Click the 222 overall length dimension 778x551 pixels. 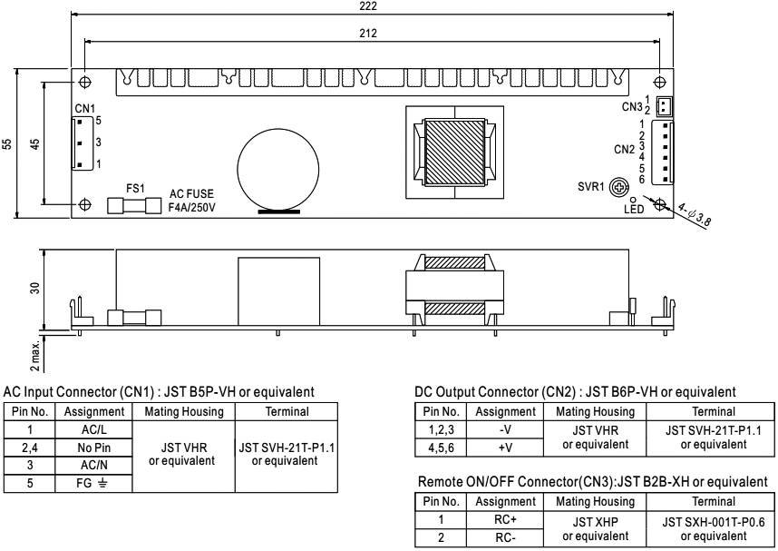coord(368,6)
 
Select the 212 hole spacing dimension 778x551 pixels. coord(368,34)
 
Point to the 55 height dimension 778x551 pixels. coord(6,143)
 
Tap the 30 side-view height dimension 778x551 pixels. coord(34,288)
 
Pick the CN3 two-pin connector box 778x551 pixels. coord(665,106)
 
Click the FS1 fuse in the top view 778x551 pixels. coord(134,206)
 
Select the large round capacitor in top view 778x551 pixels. coord(277,169)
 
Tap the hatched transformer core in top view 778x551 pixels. coord(454,152)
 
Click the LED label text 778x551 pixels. coord(634,209)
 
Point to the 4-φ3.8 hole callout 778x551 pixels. coord(695,214)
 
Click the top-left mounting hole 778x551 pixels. coord(85,82)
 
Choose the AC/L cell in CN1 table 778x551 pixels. coord(93,429)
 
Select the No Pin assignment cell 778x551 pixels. coord(93,448)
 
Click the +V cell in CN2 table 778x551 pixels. coord(505,448)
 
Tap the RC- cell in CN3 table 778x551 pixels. coord(505,537)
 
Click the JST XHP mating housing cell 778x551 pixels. coord(596,528)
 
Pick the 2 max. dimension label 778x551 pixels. coord(34,356)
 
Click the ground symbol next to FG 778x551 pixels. coord(102,482)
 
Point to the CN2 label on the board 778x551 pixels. coord(624,150)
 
